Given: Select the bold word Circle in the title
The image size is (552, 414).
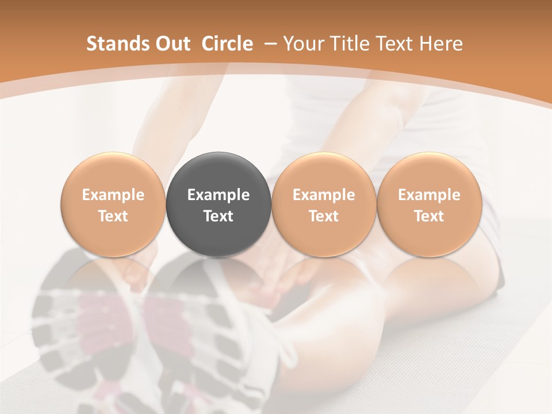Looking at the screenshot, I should pyautogui.click(x=227, y=44).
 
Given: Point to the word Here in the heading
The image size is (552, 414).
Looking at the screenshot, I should pyautogui.click(x=442, y=44).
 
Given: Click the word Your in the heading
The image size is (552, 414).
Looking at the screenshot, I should pyautogui.click(x=303, y=44).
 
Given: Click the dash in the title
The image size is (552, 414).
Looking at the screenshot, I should pyautogui.click(x=268, y=43).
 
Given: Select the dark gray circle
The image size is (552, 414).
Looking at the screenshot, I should pyautogui.click(x=218, y=204).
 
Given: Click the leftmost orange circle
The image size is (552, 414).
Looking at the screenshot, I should pyautogui.click(x=113, y=204).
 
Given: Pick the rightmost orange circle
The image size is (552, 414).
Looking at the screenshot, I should pyautogui.click(x=429, y=204).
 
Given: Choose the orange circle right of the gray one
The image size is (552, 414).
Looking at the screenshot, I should pyautogui.click(x=324, y=204).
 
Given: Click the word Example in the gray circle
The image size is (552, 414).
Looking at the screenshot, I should pyautogui.click(x=218, y=195).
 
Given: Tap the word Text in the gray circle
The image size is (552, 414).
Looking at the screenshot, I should pyautogui.click(x=218, y=216).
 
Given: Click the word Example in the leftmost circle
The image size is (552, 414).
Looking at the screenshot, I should pyautogui.click(x=113, y=195).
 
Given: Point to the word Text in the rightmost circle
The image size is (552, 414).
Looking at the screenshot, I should pyautogui.click(x=429, y=216).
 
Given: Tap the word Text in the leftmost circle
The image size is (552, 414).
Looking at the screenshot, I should pyautogui.click(x=113, y=216).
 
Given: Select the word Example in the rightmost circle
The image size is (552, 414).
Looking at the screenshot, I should pyautogui.click(x=429, y=195).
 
